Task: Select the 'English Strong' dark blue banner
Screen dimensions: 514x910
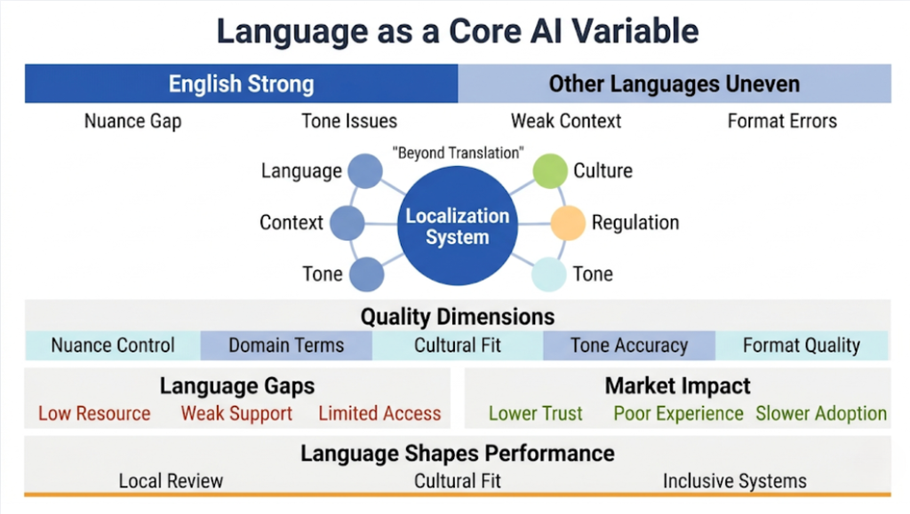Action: click(241, 84)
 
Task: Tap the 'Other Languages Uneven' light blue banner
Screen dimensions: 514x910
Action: click(674, 84)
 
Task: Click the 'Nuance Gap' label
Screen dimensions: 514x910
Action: click(132, 121)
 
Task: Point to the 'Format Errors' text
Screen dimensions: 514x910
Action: click(782, 121)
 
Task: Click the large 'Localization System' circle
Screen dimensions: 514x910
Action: click(457, 226)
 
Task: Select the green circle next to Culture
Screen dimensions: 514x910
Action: click(549, 170)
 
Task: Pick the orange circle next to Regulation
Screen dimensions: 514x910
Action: click(568, 223)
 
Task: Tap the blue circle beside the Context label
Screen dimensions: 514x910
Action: click(347, 223)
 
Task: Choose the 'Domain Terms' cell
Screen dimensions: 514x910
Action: click(286, 345)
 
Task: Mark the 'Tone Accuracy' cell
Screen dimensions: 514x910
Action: click(629, 345)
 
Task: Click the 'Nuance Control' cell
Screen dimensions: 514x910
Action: click(113, 345)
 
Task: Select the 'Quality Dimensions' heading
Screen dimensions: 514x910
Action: click(457, 317)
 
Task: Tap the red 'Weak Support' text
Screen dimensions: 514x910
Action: click(236, 414)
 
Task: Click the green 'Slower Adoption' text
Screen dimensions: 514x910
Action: click(821, 414)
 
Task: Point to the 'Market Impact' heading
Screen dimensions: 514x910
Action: click(677, 386)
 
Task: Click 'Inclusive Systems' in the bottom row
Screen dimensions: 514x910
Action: click(735, 481)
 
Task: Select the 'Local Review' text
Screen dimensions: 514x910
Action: click(171, 481)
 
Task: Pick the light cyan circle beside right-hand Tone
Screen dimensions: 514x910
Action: click(549, 274)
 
